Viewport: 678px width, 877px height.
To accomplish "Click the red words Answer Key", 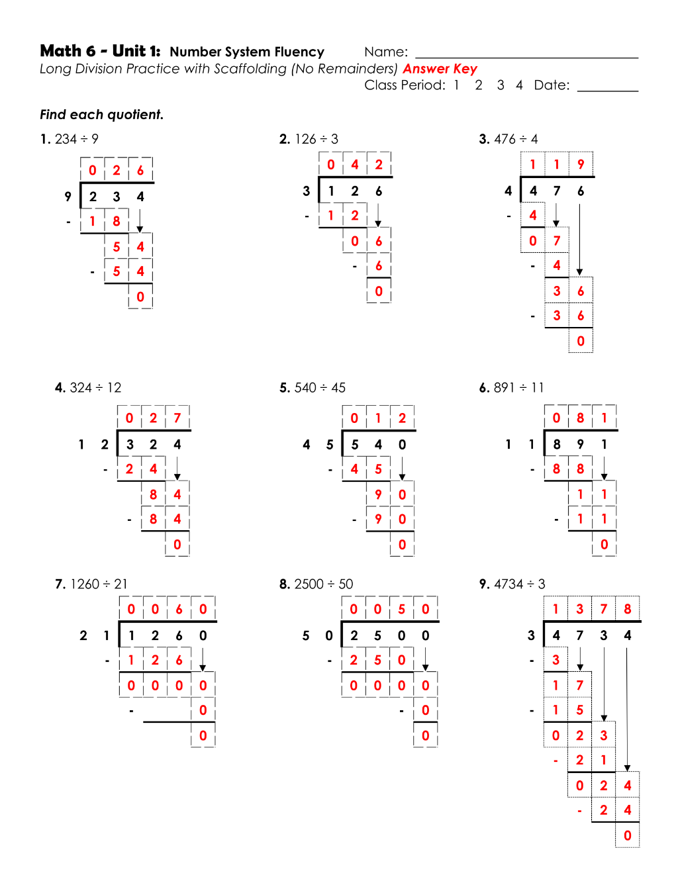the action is [x=440, y=69].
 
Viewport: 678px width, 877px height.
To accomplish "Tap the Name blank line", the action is [x=526, y=58].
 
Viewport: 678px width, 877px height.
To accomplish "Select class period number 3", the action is [x=501, y=85].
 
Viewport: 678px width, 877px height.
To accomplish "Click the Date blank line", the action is [x=608, y=91].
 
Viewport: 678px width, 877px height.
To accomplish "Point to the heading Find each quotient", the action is [x=102, y=115].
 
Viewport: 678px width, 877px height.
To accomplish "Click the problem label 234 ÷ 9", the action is [x=76, y=139].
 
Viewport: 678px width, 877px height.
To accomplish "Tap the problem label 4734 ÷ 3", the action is [x=519, y=584].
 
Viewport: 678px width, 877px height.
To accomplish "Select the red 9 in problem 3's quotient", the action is [x=581, y=164].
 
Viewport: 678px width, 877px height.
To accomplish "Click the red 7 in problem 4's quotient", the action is [x=177, y=418].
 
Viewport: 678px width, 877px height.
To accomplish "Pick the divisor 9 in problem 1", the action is [x=68, y=197].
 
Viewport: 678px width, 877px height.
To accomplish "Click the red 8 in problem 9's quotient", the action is [x=628, y=609].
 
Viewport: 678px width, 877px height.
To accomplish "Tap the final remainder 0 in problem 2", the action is [x=379, y=291].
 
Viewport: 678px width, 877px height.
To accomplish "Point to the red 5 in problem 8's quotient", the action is [x=401, y=609].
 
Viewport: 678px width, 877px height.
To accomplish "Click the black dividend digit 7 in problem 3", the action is [x=557, y=191].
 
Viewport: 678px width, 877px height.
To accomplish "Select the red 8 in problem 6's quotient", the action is [x=580, y=418].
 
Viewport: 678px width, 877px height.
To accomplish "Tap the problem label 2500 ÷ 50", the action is [x=324, y=584].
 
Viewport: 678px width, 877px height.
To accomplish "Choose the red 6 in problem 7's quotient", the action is [x=179, y=609].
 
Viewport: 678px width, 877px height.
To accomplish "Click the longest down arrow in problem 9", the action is [x=627, y=709].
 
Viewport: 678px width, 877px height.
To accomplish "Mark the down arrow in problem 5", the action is [x=402, y=469].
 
